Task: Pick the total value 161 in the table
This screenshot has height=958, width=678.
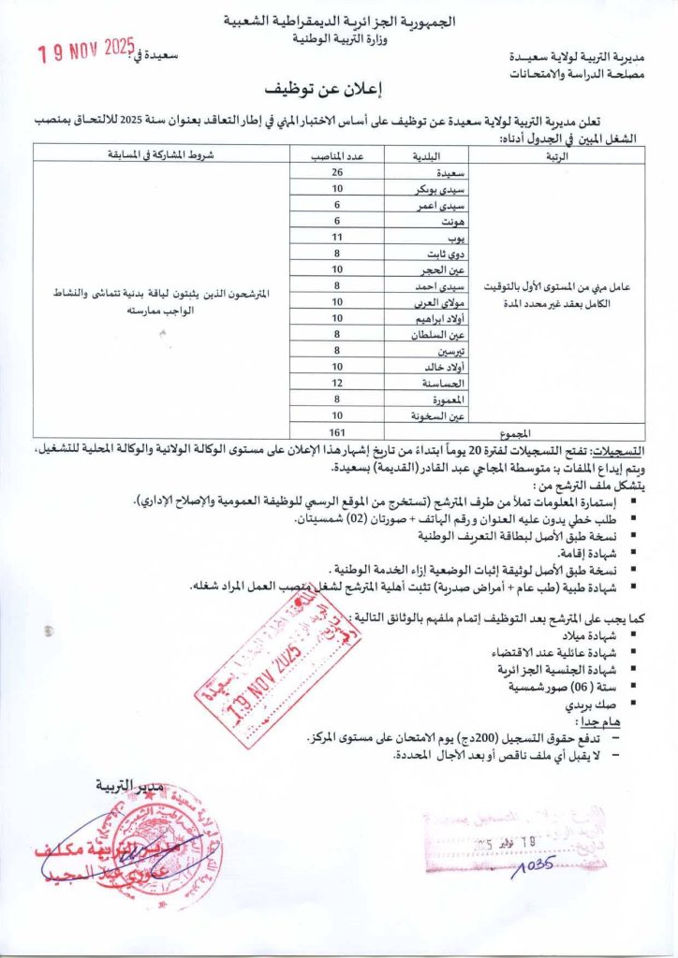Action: pyautogui.click(x=337, y=431)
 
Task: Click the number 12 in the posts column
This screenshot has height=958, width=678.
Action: pyautogui.click(x=337, y=383)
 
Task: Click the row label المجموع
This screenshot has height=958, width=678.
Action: pyautogui.click(x=514, y=432)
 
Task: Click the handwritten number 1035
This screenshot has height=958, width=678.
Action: pyautogui.click(x=535, y=863)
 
